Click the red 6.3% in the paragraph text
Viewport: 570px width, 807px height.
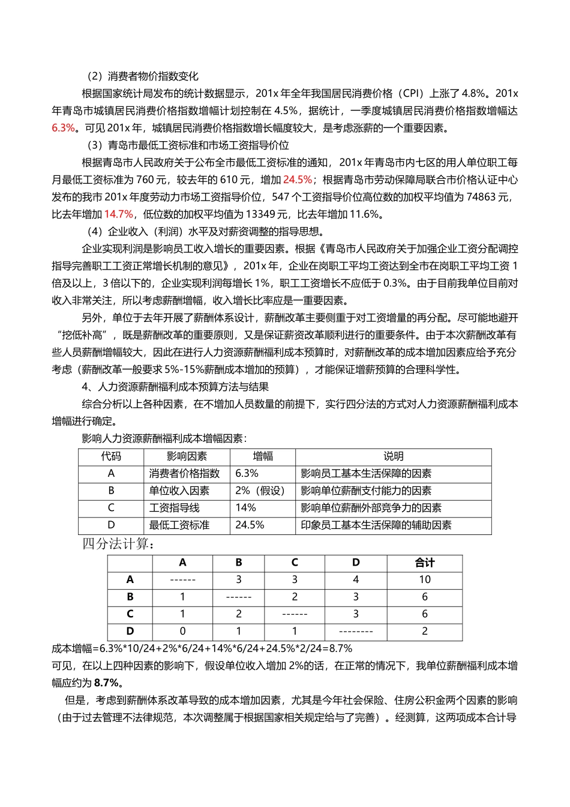coord(64,128)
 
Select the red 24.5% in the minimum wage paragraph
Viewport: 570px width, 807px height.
coord(298,180)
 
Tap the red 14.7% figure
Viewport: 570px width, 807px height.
coord(119,214)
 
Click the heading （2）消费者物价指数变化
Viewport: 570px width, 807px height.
coord(142,76)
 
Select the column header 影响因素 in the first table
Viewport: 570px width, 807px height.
coord(187,457)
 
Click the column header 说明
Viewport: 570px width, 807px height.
coord(393,457)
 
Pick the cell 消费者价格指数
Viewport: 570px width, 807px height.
coord(185,474)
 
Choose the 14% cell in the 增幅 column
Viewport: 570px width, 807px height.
coord(246,508)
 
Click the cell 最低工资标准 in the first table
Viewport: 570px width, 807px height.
coord(179,525)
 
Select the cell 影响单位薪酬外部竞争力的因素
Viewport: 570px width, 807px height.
coord(371,508)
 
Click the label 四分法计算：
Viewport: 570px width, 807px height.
coord(119,544)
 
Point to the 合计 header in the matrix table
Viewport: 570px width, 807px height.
coord(424,563)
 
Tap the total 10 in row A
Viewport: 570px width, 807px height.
coord(424,580)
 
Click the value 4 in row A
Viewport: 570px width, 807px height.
coord(356,580)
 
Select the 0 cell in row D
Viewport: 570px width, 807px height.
coord(182,632)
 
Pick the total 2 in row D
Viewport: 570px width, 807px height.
coord(424,632)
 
